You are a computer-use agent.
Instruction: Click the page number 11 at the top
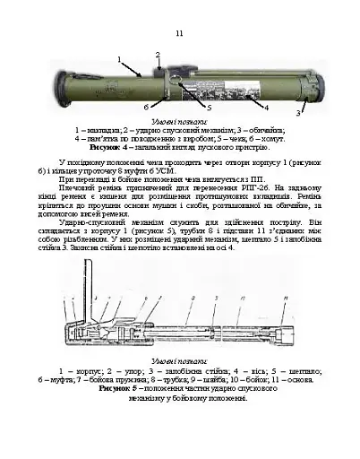click(179, 33)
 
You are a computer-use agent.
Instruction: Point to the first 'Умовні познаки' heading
click(179, 120)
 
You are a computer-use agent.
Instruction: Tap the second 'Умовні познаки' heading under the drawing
click(179, 360)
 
